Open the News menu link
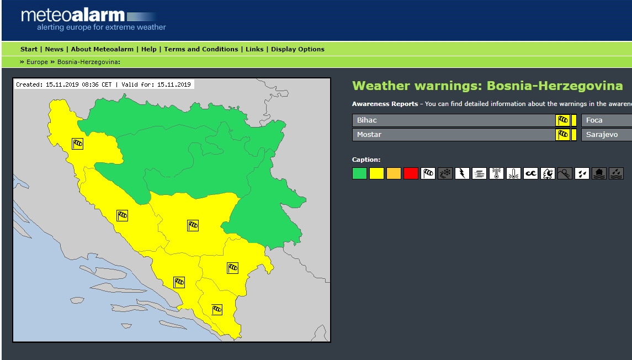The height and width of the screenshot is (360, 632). coord(54,49)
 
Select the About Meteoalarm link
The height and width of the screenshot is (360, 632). coord(102,49)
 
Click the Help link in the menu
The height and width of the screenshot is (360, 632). coord(148,49)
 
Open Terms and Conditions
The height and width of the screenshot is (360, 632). coord(201,49)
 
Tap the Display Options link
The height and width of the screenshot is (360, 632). coord(298,49)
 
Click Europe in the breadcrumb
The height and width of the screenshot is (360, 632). coord(37,62)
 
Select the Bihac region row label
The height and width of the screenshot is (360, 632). coord(367,120)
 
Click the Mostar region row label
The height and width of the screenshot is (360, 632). coord(369,135)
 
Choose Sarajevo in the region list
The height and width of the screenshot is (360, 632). coord(602,135)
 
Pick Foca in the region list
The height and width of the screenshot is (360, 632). coord(594,120)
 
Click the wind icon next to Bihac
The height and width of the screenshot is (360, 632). coord(562,120)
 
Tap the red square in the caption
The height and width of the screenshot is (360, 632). coord(411,173)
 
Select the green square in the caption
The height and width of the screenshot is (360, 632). coord(359,173)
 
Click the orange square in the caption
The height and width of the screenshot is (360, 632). coord(394,173)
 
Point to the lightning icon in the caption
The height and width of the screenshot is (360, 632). coord(462,173)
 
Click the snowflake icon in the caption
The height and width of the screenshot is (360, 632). coord(445,173)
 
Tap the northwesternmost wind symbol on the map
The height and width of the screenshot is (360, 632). coord(78,144)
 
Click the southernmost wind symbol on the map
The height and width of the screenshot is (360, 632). coord(217,309)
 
